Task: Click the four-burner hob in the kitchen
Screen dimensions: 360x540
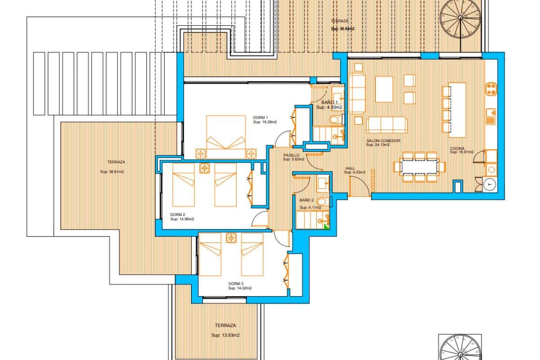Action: [491, 88]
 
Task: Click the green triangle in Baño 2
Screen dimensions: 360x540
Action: [326, 226]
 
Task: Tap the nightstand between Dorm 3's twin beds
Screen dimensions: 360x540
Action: [231, 237]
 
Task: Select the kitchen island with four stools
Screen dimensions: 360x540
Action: [457, 109]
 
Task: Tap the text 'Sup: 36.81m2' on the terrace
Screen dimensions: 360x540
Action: [112, 171]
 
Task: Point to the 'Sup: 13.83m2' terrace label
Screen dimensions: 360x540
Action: [225, 335]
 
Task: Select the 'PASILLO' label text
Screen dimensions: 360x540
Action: [291, 155]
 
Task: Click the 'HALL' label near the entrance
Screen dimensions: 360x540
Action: [350, 168]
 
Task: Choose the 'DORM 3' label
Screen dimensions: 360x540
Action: [236, 283]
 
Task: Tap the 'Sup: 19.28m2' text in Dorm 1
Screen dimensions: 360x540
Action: [265, 122]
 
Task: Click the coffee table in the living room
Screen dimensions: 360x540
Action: [384, 89]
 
